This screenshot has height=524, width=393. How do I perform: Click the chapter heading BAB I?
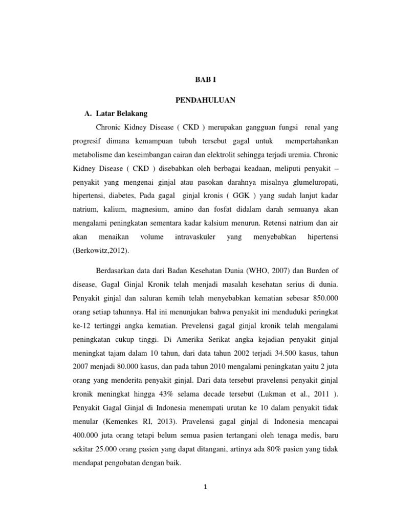(207, 80)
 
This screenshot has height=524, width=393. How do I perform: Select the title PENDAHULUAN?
(207, 100)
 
